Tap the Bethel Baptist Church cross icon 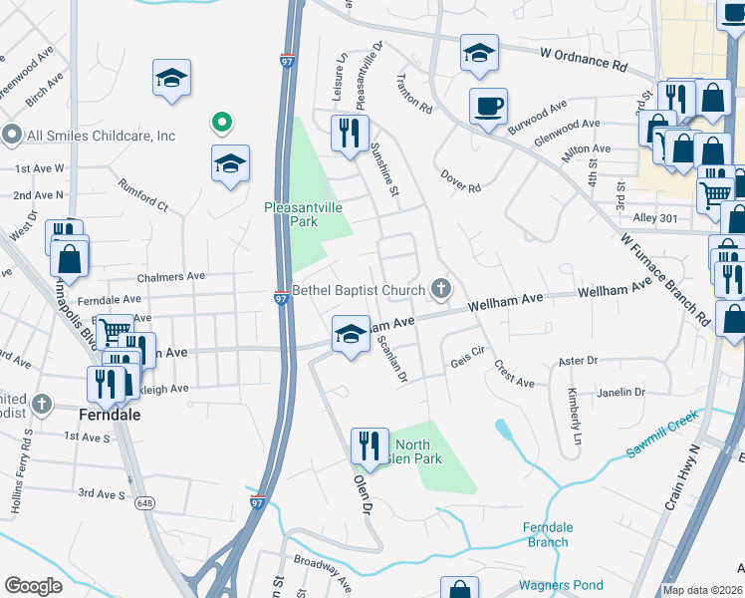click(442, 290)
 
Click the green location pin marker click(222, 124)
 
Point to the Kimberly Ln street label click(575, 416)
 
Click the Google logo click(34, 585)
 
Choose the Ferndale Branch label click(547, 534)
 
